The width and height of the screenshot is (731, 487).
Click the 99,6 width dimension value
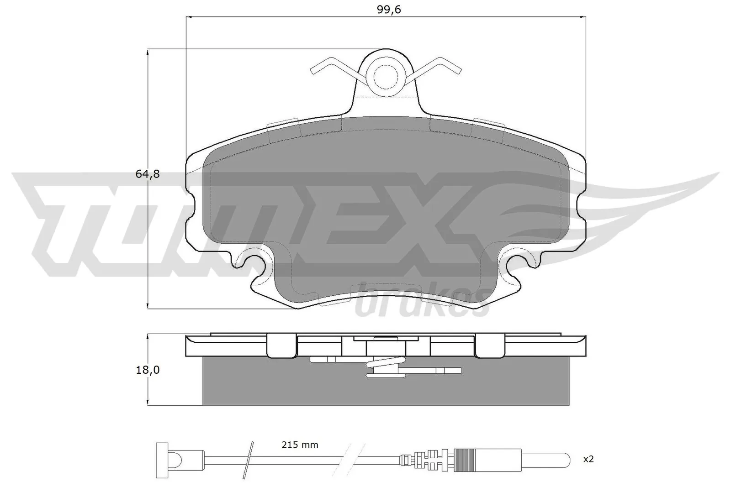[x=389, y=10]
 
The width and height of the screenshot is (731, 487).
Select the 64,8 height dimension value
[x=147, y=174]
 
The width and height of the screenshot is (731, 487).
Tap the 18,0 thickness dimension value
[x=147, y=370]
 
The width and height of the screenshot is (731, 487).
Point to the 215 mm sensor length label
[x=300, y=445]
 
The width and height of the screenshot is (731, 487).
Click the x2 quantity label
[x=588, y=459]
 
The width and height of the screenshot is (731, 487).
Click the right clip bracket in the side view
[x=490, y=346]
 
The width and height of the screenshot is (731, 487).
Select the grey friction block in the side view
[x=386, y=388]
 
